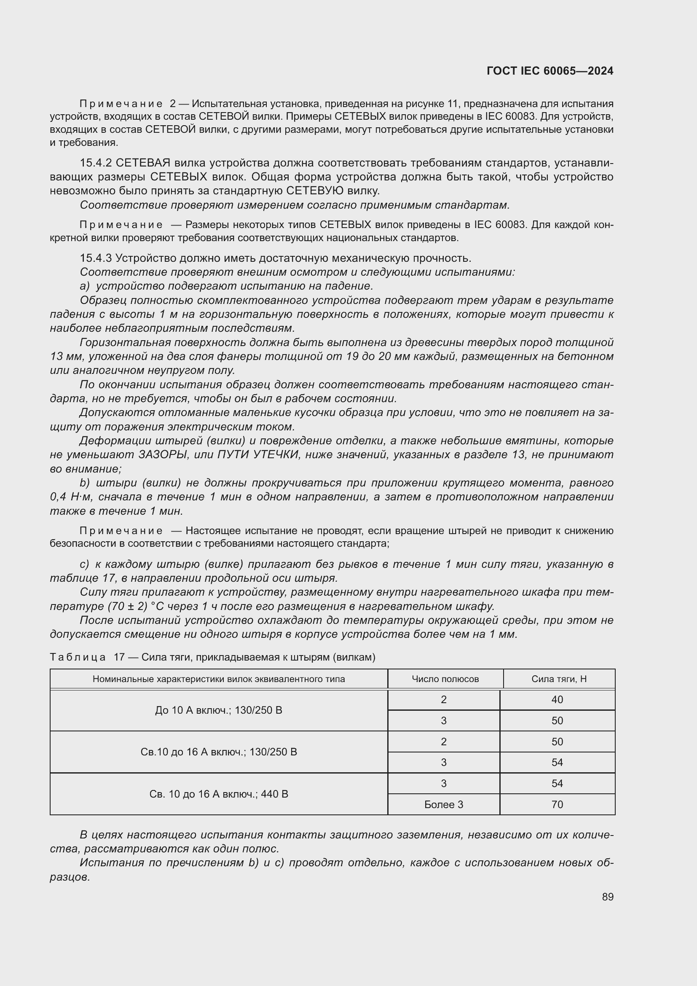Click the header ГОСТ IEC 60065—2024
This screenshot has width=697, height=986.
(550, 71)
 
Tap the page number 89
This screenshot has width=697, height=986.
(607, 897)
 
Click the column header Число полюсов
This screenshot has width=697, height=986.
(445, 679)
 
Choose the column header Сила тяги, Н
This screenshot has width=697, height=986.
(559, 679)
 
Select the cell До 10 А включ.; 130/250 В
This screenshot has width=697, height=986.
(218, 710)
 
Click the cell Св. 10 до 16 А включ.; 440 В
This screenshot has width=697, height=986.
(218, 794)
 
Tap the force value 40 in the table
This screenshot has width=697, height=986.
(557, 700)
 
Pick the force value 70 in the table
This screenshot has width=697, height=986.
(557, 804)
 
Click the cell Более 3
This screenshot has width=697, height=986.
(443, 804)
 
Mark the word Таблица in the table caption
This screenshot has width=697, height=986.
(78, 657)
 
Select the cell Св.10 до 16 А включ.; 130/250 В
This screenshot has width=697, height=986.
(218, 752)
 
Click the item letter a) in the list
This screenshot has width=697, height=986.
(85, 286)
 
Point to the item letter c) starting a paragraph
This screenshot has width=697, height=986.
(85, 564)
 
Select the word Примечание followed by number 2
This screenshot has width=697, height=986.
(121, 104)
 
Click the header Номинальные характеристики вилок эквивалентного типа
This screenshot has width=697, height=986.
(218, 679)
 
